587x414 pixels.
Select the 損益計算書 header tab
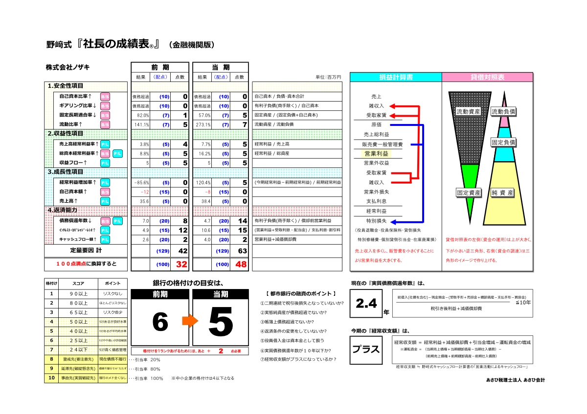396,77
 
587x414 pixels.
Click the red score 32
181,264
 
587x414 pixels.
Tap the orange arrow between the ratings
190,321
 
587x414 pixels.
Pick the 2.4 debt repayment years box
366,303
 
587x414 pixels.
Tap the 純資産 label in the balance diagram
503,192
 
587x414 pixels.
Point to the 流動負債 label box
503,112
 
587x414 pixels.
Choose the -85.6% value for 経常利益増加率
141,182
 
